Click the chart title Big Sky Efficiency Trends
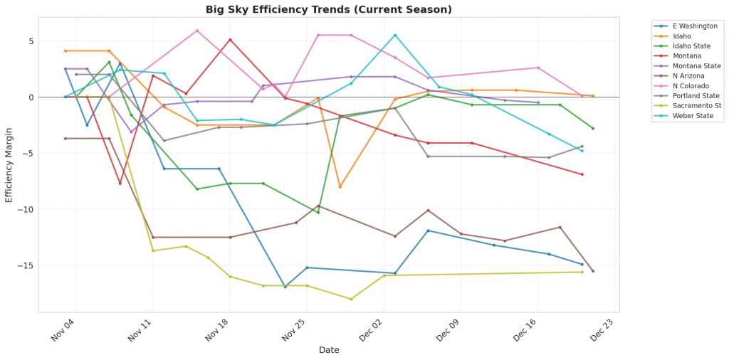pyautogui.click(x=328, y=10)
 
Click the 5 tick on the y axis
pyautogui.click(x=31, y=41)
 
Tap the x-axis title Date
pyautogui.click(x=329, y=350)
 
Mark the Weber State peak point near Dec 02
pyautogui.click(x=395, y=35)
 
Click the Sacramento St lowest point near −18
pyautogui.click(x=351, y=299)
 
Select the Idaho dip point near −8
pyautogui.click(x=340, y=186)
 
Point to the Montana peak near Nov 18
pyautogui.click(x=230, y=39)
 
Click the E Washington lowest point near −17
pyautogui.click(x=285, y=287)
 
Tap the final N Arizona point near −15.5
pyautogui.click(x=592, y=271)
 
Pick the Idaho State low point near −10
pyautogui.click(x=318, y=212)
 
